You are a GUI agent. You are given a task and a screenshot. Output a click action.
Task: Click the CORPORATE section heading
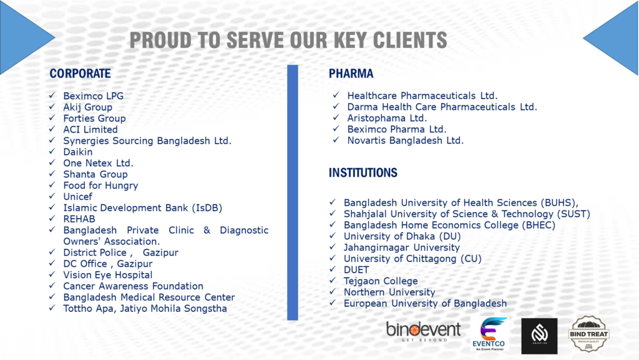[80, 74]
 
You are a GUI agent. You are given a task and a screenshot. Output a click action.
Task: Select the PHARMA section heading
[351, 74]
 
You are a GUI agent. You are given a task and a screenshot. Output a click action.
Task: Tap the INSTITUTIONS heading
[363, 173]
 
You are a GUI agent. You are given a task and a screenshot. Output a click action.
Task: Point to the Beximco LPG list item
[94, 96]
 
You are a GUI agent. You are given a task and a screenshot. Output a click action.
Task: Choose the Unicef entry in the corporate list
[78, 197]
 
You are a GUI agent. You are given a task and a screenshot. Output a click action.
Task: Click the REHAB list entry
[79, 219]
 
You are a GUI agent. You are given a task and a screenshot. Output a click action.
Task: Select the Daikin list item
[78, 152]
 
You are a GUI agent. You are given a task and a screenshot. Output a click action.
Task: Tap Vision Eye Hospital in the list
[108, 275]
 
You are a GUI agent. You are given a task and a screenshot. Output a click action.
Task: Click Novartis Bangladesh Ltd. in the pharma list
[406, 140]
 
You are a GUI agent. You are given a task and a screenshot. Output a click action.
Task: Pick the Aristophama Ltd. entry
[387, 118]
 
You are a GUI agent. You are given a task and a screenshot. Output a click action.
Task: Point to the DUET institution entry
[356, 270]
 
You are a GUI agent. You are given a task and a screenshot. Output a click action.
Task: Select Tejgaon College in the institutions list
[381, 281]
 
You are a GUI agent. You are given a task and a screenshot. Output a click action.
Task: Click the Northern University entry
[389, 293]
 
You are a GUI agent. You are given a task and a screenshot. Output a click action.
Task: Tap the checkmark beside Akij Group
[52, 107]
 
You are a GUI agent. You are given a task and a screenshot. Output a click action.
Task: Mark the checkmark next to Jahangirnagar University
[333, 247]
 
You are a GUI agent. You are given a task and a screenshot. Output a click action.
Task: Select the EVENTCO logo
[489, 334]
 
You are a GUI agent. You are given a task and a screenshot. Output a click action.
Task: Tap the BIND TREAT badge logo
[588, 334]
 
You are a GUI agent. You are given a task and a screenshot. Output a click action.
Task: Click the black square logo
[539, 336]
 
